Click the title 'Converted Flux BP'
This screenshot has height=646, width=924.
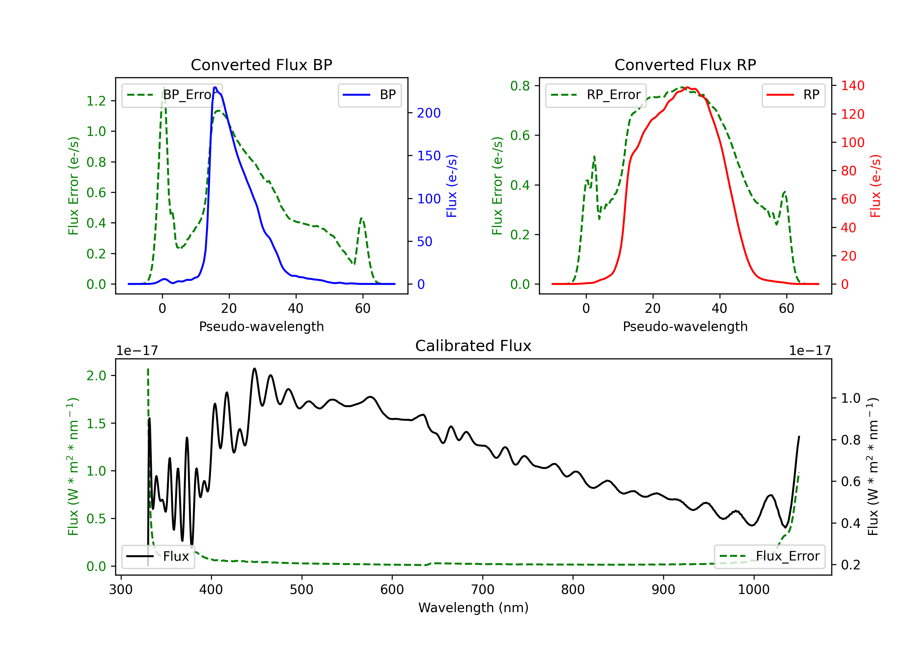click(x=261, y=65)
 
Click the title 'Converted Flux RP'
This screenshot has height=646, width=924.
click(x=685, y=65)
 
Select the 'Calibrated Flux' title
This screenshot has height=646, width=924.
click(x=473, y=346)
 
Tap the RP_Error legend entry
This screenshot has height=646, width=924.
click(x=596, y=95)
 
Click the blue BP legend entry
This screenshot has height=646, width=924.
click(x=369, y=95)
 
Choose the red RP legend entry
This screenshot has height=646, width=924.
click(x=793, y=95)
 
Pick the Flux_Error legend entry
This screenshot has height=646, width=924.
click(x=769, y=556)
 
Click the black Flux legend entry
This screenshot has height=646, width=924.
click(x=158, y=556)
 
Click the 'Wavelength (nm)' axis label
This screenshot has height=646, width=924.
click(x=473, y=608)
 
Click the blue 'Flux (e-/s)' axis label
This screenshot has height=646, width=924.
click(x=452, y=186)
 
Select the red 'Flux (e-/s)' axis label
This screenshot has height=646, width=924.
click(x=876, y=186)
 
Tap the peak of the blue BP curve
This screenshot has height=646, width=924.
click(x=215, y=87)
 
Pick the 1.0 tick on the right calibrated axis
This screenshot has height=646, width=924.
click(x=851, y=398)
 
